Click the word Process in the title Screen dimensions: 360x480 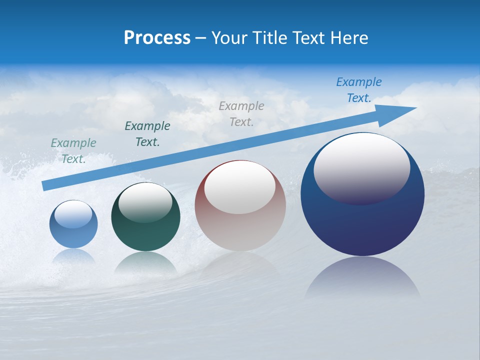[x=157, y=38]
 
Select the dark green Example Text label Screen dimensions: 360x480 [x=147, y=134]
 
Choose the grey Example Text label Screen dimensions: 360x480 [x=241, y=114]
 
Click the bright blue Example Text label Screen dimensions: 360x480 [x=359, y=90]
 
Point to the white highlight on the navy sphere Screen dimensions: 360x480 [x=362, y=167]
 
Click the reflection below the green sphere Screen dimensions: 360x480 [x=145, y=262]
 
